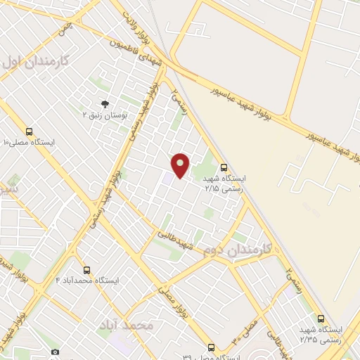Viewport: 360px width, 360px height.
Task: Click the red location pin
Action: point(181,165)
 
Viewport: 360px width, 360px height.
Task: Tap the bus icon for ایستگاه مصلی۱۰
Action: point(30,131)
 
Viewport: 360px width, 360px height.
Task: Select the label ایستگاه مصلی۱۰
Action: point(32,142)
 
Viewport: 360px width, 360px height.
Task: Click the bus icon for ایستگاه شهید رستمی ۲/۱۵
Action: point(224,167)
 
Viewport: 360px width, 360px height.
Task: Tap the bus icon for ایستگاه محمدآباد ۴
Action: point(87,270)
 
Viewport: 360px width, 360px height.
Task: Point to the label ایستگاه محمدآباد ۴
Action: point(89,281)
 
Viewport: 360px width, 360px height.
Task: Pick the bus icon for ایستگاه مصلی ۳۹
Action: point(211,347)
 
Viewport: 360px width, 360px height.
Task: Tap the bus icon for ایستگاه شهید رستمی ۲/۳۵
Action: point(321,319)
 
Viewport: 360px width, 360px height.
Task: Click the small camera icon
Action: point(55,351)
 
